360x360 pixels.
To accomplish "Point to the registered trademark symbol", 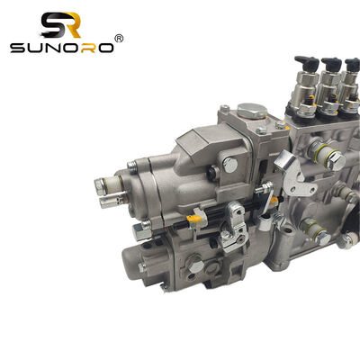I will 118,38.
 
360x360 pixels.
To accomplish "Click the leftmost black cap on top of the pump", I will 303,66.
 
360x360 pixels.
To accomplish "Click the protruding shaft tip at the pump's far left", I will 99,186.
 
